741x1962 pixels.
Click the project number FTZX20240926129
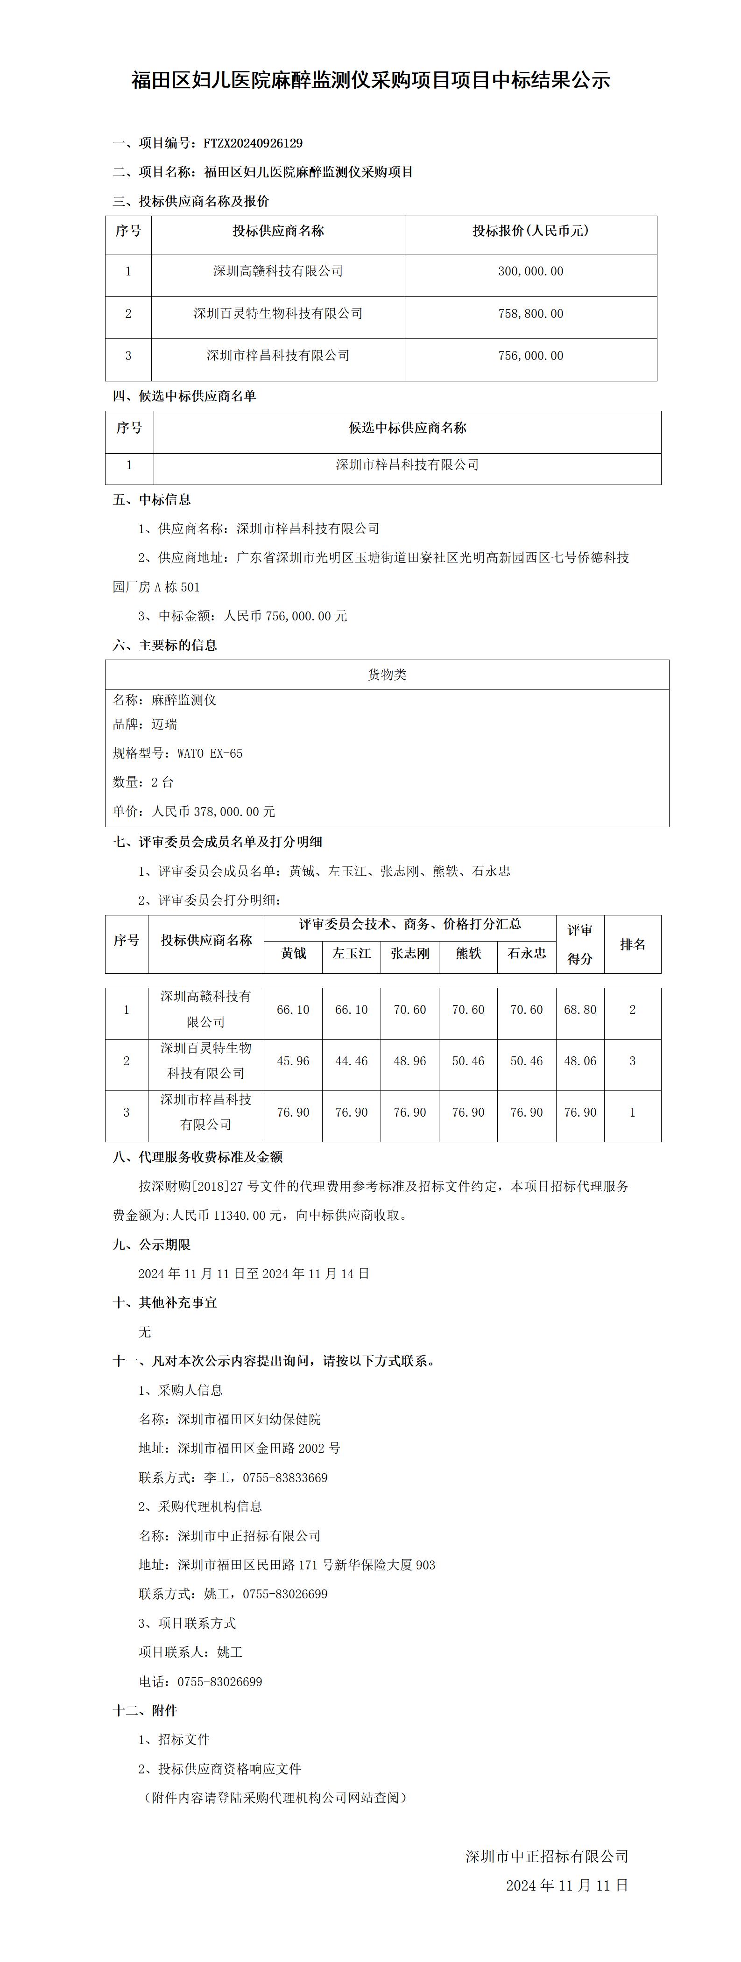pos(253,143)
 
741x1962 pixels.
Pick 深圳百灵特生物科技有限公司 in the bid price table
pos(278,314)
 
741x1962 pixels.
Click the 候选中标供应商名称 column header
pos(408,428)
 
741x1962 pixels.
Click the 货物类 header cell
pos(387,675)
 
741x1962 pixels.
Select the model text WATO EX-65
pos(210,753)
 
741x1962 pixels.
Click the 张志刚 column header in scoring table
pos(409,953)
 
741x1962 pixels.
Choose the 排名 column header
pos(632,944)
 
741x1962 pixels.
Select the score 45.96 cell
pos(293,1061)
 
